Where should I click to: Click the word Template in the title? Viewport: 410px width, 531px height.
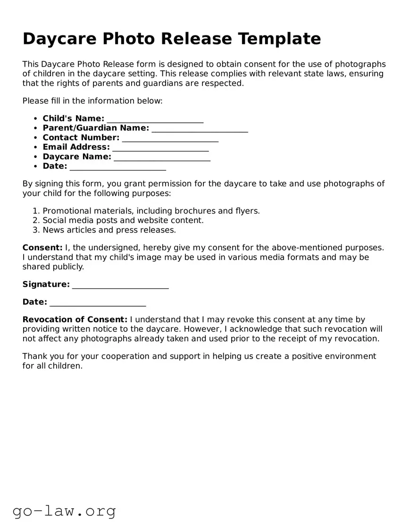click(279, 38)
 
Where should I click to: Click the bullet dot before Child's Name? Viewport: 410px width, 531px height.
click(35, 119)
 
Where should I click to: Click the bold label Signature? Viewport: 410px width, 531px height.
click(46, 284)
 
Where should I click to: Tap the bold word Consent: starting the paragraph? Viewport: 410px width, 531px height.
click(42, 248)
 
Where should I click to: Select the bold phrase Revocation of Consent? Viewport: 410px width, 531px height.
click(75, 319)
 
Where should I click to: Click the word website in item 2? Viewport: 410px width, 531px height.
click(153, 221)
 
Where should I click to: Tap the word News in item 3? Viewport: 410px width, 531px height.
click(53, 230)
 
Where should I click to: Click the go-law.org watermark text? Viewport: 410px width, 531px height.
click(64, 511)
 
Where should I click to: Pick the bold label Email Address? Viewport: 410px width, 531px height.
click(76, 147)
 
